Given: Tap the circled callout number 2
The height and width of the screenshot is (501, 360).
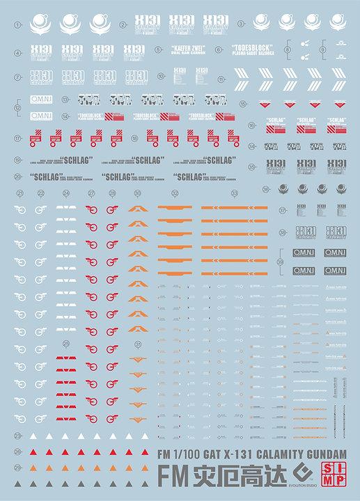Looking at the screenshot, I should (x=123, y=24).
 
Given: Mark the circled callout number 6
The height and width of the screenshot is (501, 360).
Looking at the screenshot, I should (x=219, y=52).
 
